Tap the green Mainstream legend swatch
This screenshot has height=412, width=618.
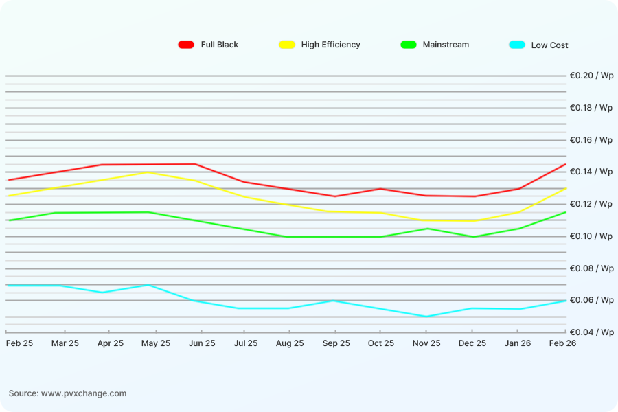pyautogui.click(x=409, y=45)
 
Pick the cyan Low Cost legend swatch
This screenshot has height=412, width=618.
pyautogui.click(x=517, y=45)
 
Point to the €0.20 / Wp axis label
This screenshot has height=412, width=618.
pyautogui.click(x=591, y=76)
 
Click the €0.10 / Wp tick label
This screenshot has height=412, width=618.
pyautogui.click(x=591, y=236)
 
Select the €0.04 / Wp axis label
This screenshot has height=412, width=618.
pyautogui.click(x=591, y=332)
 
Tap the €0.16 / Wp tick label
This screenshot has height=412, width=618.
pyautogui.click(x=591, y=140)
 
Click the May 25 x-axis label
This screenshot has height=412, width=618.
pyautogui.click(x=156, y=343)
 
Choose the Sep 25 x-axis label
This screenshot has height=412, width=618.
pyautogui.click(x=336, y=343)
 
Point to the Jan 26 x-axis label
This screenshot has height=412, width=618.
pyautogui.click(x=516, y=343)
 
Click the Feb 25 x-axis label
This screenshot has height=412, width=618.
pyautogui.click(x=19, y=343)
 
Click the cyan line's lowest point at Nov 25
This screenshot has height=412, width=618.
pyautogui.click(x=426, y=317)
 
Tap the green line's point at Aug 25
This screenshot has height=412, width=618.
pyautogui.click(x=287, y=237)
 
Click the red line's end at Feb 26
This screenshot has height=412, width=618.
pyautogui.click(x=566, y=164)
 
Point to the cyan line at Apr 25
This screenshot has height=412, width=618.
pyautogui.click(x=102, y=293)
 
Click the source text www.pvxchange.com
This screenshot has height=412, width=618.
pyautogui.click(x=84, y=393)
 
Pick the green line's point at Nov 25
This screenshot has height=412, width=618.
pyautogui.click(x=426, y=229)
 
